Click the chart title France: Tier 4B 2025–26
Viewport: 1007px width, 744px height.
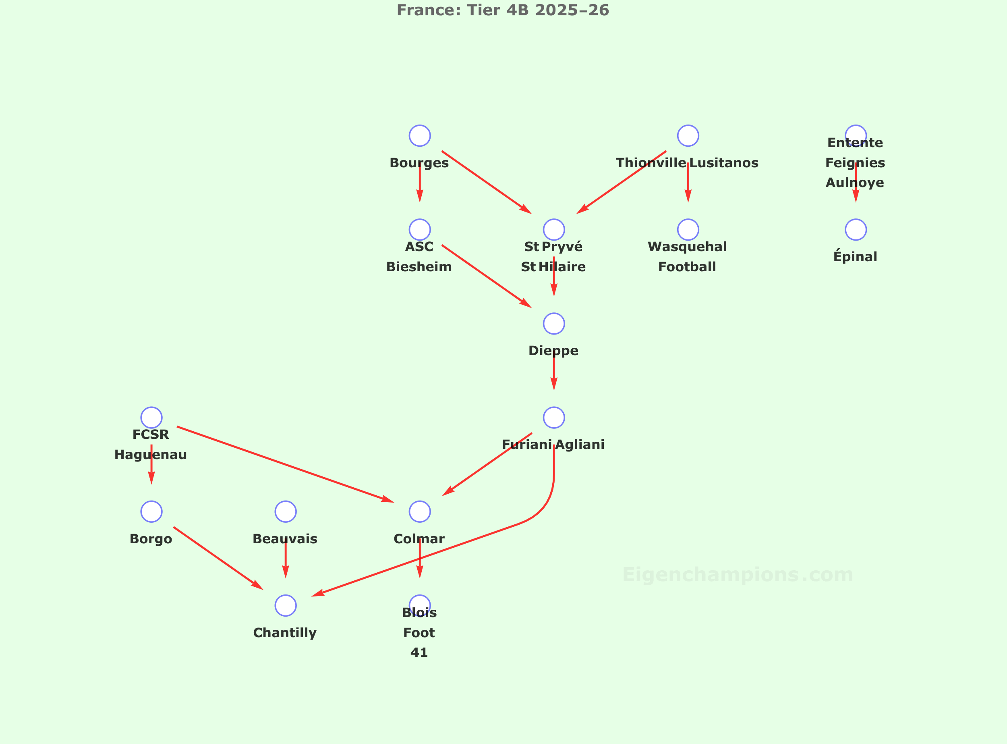[502, 10]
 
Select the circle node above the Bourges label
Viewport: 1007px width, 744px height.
[420, 135]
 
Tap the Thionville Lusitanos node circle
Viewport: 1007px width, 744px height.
[688, 135]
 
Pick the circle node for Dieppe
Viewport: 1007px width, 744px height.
[554, 323]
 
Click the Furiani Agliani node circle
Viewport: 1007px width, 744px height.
[554, 418]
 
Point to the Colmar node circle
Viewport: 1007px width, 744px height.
[420, 511]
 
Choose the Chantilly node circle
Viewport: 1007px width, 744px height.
[286, 605]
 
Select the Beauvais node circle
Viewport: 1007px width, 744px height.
[286, 511]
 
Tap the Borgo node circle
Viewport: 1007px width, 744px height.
[151, 511]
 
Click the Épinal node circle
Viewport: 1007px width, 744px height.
[855, 230]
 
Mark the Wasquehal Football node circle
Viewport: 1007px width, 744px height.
[688, 230]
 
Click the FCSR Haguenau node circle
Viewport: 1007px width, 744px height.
[151, 418]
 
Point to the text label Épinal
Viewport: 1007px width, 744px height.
[855, 257]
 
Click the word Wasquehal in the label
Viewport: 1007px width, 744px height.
[687, 247]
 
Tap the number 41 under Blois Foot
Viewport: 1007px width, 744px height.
[419, 652]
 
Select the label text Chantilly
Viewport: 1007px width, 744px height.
[284, 633]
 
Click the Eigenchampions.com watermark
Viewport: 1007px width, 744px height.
[738, 575]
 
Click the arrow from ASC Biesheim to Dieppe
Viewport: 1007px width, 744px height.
[486, 276]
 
